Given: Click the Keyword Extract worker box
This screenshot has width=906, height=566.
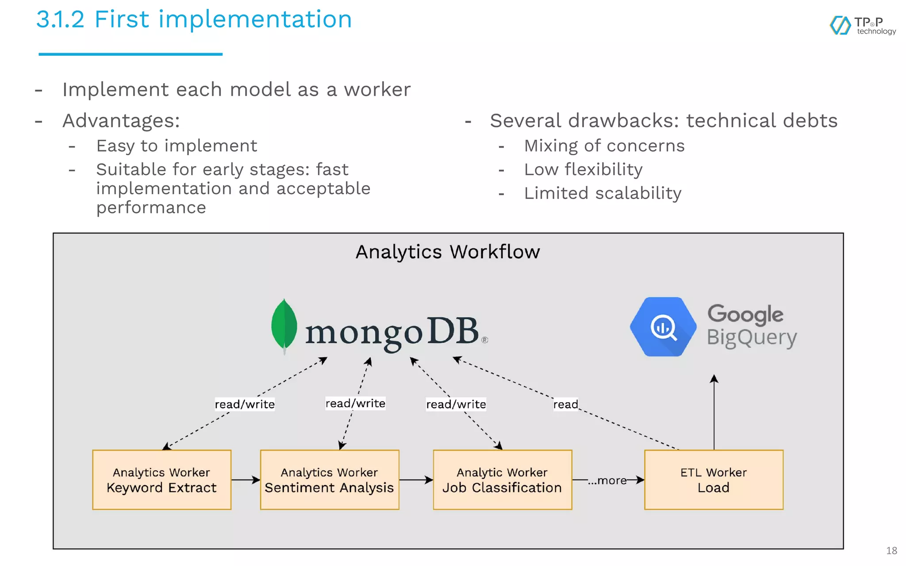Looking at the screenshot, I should pos(161,480).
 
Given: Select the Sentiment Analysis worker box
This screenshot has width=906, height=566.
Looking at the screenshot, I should pos(330,480).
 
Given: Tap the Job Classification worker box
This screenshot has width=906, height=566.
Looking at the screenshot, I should pos(502,480).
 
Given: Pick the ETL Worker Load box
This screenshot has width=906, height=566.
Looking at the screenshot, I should pos(714,480).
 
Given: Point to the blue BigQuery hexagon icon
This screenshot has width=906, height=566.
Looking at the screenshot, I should pos(663,327).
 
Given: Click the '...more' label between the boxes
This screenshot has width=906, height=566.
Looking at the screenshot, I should pos(607,480).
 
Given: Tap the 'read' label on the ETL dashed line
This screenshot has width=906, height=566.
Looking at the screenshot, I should pos(565,404).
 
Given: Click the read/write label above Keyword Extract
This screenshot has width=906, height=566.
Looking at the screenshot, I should pos(245,404).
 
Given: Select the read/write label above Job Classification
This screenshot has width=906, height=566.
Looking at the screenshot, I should pos(456,404).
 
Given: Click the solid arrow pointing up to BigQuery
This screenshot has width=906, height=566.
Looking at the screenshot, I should pos(714,411).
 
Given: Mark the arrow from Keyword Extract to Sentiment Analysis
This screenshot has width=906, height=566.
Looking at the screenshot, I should pos(246,480).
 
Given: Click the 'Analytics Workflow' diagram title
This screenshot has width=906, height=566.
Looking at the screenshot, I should pos(448,252).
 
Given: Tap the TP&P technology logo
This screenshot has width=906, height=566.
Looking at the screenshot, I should pos(863,26).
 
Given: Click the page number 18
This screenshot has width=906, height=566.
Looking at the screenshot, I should pos(891,551).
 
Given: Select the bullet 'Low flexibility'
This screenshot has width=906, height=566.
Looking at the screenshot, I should pos(583,169).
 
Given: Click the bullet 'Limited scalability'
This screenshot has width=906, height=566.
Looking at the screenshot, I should pos(603,193).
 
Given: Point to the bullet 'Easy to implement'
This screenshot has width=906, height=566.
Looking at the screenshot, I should pos(177,146).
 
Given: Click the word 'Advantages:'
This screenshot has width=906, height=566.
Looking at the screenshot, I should pos(121,121).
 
